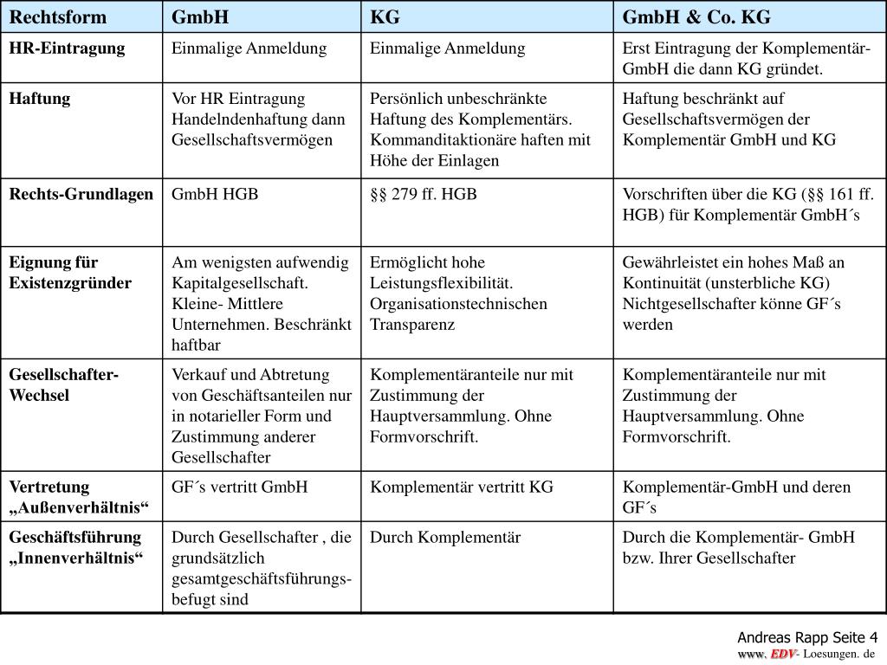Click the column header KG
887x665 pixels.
(x=385, y=17)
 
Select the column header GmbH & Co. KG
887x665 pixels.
(x=696, y=17)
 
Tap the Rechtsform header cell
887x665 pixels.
(x=58, y=17)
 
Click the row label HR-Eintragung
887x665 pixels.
(x=67, y=48)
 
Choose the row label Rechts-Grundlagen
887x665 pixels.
(x=81, y=194)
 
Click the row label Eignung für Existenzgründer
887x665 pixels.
(x=70, y=273)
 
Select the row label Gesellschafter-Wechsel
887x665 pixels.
(x=64, y=385)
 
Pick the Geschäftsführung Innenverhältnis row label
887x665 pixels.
(x=76, y=547)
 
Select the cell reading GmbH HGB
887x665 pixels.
(x=215, y=194)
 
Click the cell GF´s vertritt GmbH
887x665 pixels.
(x=240, y=487)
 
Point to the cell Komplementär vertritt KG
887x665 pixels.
(x=462, y=487)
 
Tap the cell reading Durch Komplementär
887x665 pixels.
(x=445, y=537)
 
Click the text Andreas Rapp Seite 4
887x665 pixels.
(x=807, y=636)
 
